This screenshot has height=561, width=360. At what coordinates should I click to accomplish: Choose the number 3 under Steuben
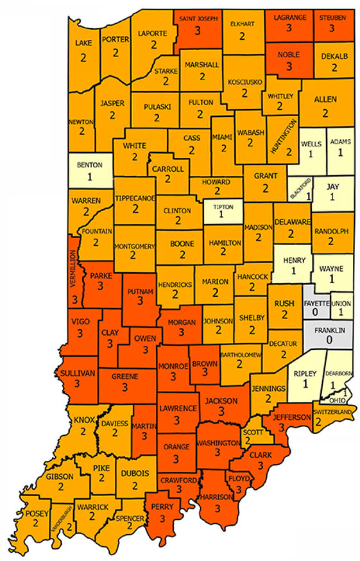point(333,28)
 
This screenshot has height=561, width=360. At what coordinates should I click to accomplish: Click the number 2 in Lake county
point(83,56)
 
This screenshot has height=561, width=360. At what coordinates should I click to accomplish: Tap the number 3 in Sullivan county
point(78,384)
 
